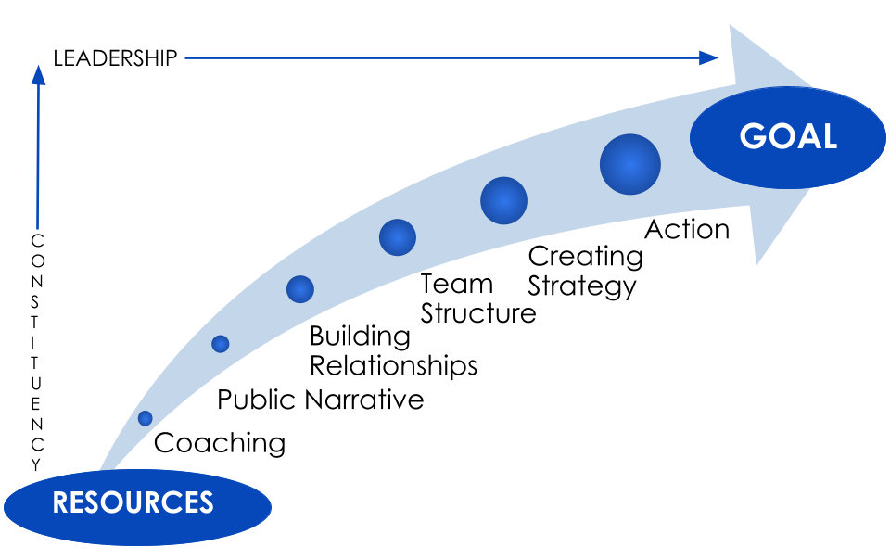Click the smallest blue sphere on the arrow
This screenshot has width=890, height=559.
pos(145,418)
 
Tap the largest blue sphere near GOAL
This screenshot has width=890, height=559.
pos(629,164)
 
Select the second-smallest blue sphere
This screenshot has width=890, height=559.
pos(220,344)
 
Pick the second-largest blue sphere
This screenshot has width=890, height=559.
pos(503,200)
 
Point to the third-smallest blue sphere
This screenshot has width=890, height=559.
pos(299,289)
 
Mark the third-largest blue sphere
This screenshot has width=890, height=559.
pos(397,237)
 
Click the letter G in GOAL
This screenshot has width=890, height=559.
pos(755,137)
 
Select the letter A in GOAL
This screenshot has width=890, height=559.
pos(807,137)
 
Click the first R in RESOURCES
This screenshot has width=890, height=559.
pos(61,502)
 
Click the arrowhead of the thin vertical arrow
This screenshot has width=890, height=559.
pos(38,75)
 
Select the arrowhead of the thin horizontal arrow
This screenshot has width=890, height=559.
pos(709,57)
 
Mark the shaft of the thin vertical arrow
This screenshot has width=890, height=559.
pos(38,158)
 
